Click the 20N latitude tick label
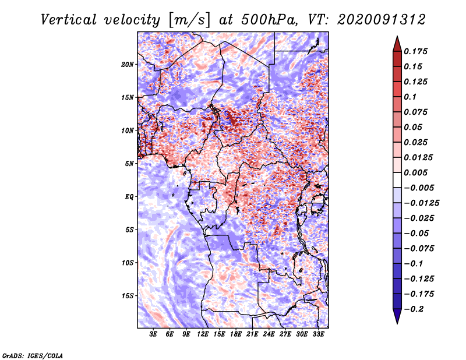pos(128,64)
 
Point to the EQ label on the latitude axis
pos(129,196)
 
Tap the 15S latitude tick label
pos(128,295)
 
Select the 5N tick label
pos(129,163)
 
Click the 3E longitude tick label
pos(154,334)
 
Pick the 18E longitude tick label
pos(236,334)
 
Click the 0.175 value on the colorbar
pos(418,51)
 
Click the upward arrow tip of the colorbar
pos(397,37)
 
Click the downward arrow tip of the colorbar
pos(397,322)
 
